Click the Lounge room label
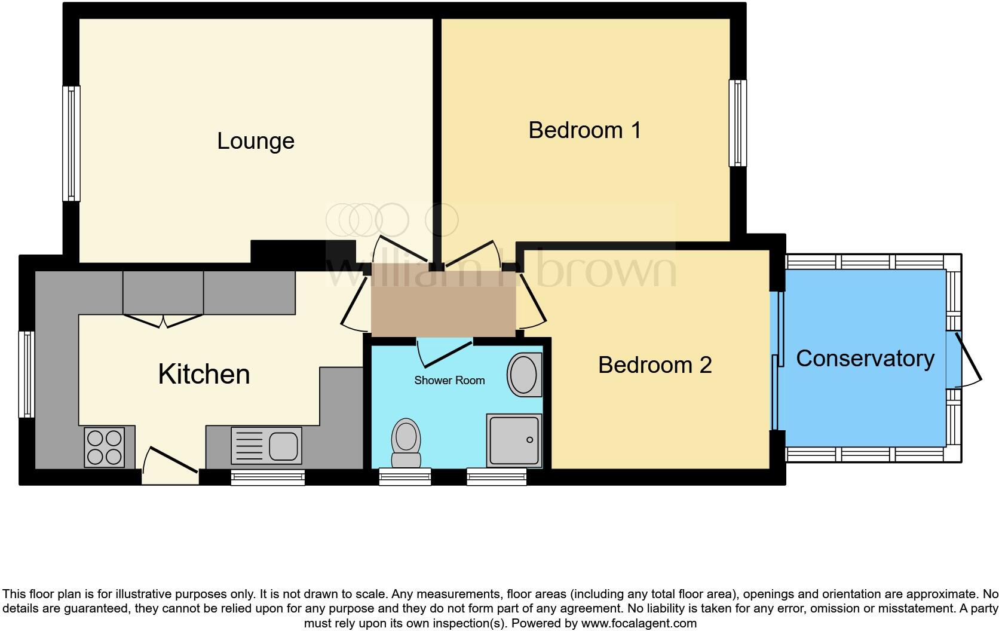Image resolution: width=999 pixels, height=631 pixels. pyautogui.click(x=255, y=141)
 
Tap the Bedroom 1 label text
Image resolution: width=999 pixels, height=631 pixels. pyautogui.click(x=584, y=130)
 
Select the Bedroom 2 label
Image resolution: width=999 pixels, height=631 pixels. pyautogui.click(x=655, y=364)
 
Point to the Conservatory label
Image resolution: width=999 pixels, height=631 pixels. pyautogui.click(x=865, y=358)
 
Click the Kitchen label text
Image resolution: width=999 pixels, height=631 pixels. pyautogui.click(x=204, y=374)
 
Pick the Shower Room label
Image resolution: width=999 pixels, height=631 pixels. pyautogui.click(x=449, y=380)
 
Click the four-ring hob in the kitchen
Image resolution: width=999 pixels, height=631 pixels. pyautogui.click(x=105, y=448)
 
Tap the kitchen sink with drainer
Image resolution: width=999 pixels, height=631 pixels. pyautogui.click(x=265, y=446)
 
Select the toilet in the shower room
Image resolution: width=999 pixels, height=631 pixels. pyautogui.click(x=406, y=442)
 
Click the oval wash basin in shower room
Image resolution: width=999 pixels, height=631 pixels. pyautogui.click(x=524, y=375)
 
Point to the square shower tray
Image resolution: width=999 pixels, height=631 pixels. pyautogui.click(x=514, y=440)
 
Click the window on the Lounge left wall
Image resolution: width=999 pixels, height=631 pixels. pyautogui.click(x=72, y=143)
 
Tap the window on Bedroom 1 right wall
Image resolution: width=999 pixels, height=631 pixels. pyautogui.click(x=738, y=123)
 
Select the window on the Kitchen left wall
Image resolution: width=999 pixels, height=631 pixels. pyautogui.click(x=26, y=375)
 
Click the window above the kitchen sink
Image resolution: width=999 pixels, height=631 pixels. pyautogui.click(x=268, y=477)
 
